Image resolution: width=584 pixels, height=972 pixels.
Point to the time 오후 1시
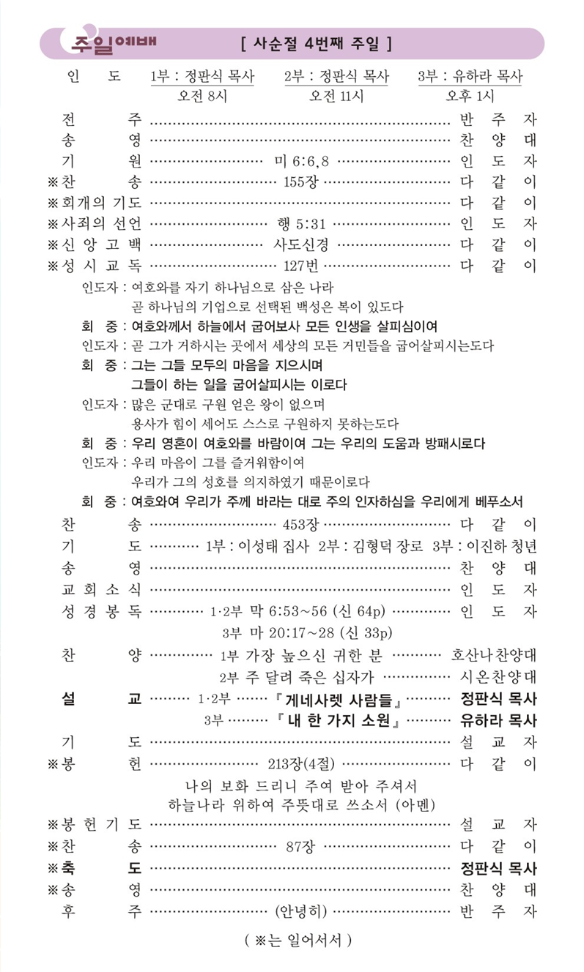click(470, 96)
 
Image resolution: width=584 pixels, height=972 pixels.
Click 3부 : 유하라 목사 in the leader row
click(470, 76)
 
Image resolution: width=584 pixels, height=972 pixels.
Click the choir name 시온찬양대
click(497, 676)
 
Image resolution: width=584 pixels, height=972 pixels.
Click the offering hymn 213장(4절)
click(301, 764)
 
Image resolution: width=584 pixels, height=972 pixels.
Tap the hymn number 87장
click(300, 847)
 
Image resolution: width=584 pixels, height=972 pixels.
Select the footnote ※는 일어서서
click(297, 940)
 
